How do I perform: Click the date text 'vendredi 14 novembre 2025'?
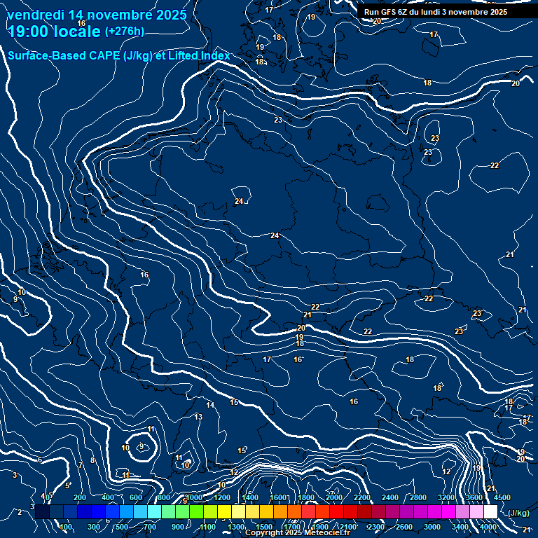coord(97,15)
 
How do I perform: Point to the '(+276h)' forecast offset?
coord(125,32)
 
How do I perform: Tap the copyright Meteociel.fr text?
coord(297,533)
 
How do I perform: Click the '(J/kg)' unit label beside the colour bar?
coord(518,513)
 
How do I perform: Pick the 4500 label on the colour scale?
coord(502,497)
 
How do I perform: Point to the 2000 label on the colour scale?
coord(333,497)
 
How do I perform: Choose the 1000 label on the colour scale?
coord(193,497)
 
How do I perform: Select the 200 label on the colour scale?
coord(80,497)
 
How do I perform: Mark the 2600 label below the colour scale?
coord(404,527)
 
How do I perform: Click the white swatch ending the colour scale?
coord(490,512)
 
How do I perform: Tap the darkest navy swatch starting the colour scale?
coord(42,512)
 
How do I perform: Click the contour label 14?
coord(210,406)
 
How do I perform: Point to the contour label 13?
coord(198,417)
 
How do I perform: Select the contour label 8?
coord(92,461)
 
